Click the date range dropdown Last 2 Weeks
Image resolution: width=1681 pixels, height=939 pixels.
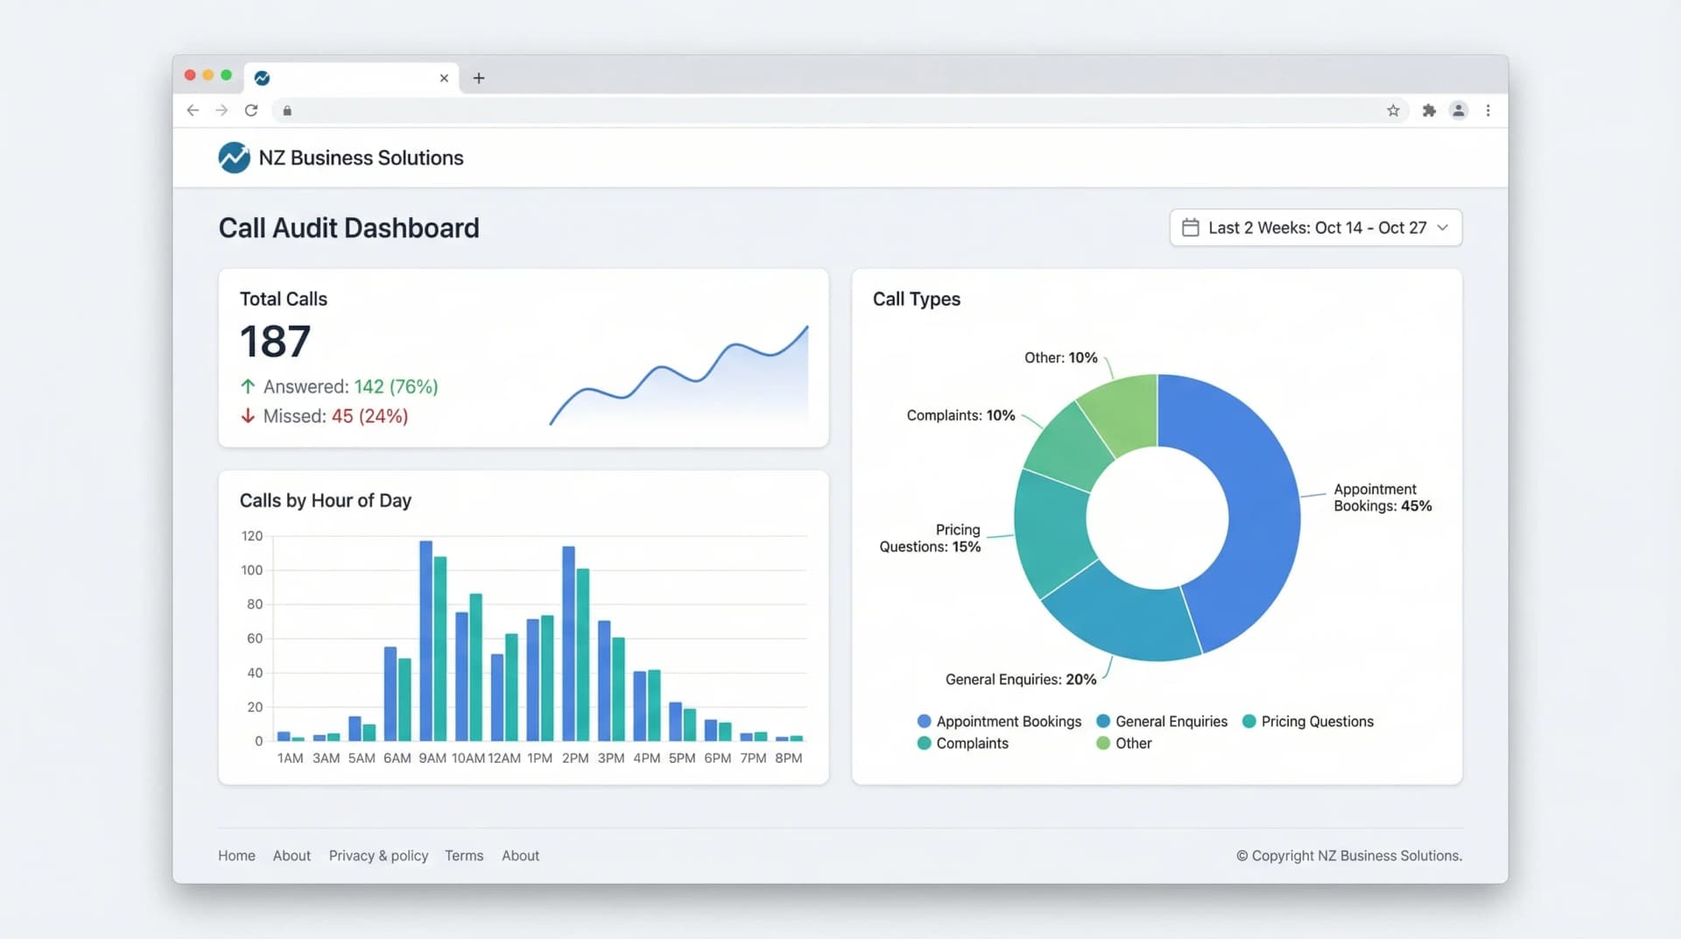tap(1315, 228)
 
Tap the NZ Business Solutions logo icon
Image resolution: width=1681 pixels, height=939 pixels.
tap(234, 158)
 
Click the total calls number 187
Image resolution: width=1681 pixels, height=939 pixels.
tap(275, 342)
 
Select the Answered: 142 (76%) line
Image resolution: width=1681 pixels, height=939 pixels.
tap(340, 386)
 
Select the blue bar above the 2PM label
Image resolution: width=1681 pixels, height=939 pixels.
tap(568, 644)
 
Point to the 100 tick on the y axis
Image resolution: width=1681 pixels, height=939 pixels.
tap(251, 570)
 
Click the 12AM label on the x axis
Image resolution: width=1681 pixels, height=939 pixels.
tap(503, 758)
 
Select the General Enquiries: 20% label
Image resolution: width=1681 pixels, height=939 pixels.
tap(1020, 680)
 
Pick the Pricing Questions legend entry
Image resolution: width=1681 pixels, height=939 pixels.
tap(1308, 722)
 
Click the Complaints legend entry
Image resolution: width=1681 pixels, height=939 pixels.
tap(963, 744)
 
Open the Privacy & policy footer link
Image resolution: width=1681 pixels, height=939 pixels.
tap(378, 856)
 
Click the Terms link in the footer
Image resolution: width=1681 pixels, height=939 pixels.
tap(463, 856)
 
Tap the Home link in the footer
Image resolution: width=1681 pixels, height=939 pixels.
tap(236, 856)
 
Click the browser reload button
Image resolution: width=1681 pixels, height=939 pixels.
tap(251, 110)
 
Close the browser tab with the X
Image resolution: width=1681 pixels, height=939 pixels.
tap(444, 78)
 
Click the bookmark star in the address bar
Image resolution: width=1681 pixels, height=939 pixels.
tap(1393, 110)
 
